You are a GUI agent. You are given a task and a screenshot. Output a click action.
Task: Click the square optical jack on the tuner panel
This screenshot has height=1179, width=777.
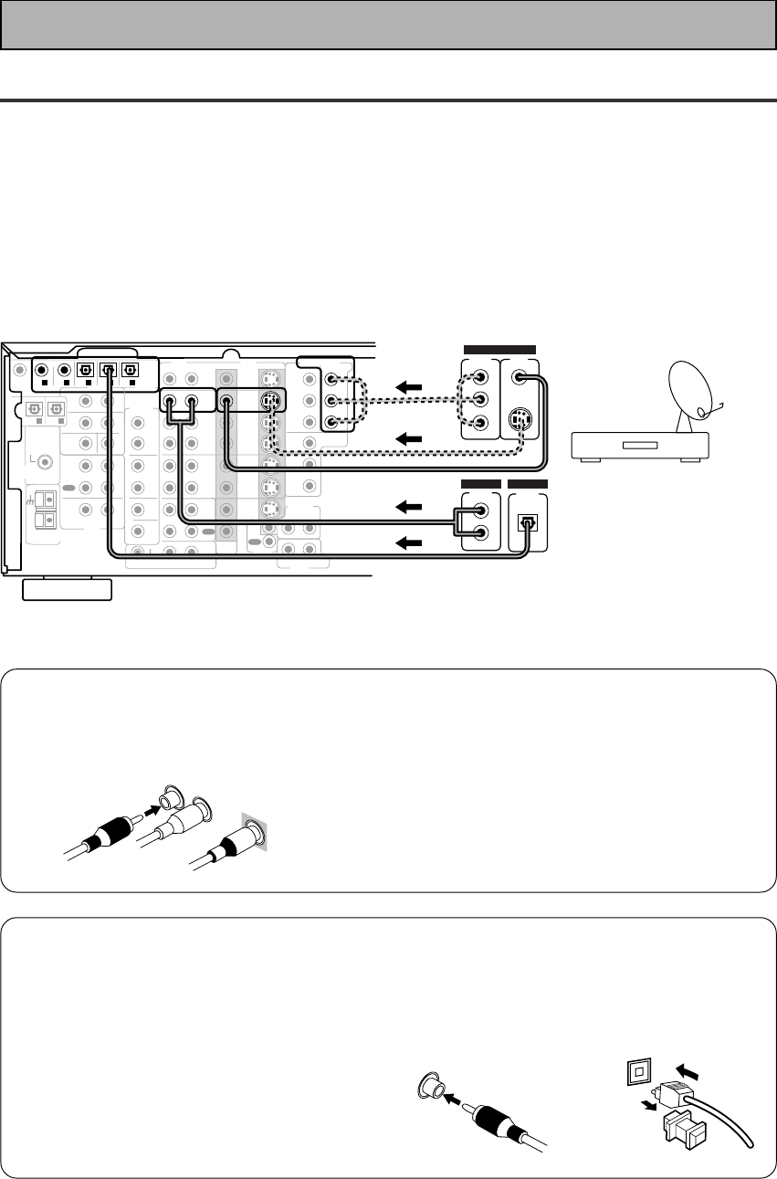pyautogui.click(x=527, y=523)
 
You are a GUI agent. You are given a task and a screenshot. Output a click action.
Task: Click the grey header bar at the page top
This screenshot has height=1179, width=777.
pyautogui.click(x=388, y=25)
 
